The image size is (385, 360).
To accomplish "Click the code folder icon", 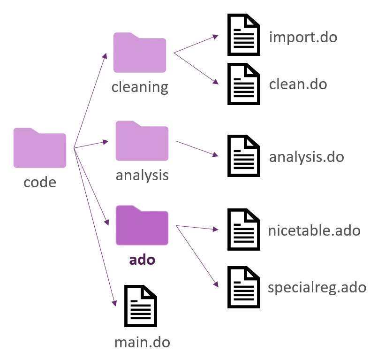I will tap(40, 148).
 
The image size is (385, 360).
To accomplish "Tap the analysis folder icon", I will tap(142, 141).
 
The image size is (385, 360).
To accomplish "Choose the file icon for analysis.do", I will tap(244, 156).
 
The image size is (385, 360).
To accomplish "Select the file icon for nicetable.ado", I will tap(244, 230).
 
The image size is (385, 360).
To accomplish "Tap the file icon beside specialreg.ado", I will tap(244, 287).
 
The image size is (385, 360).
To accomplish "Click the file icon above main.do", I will tap(141, 306).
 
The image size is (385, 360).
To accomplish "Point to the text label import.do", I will tap(303, 37).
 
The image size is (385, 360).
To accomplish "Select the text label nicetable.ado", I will tap(315, 230).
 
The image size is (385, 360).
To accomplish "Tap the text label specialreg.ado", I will tap(317, 287).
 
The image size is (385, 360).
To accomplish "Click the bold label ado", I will tap(142, 259).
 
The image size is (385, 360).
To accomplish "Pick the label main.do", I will tap(142, 342).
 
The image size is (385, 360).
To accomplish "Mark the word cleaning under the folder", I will tap(140, 87).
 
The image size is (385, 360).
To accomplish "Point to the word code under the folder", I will tap(40, 182).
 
